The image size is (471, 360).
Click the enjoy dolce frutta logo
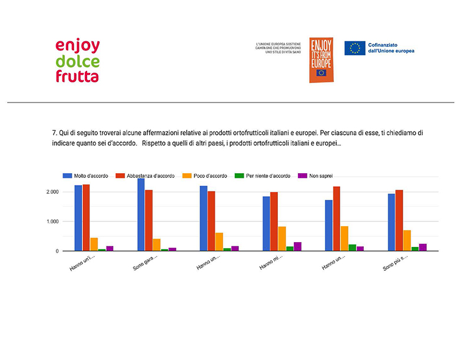point(78,61)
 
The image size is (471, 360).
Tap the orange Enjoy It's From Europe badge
point(321,60)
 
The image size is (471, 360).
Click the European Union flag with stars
point(355,48)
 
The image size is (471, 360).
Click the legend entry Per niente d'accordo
point(264,176)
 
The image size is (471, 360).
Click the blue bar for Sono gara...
point(141,215)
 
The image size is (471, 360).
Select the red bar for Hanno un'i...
point(86,217)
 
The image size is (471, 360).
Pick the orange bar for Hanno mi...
point(282,239)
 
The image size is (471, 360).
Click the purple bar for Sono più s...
point(423,247)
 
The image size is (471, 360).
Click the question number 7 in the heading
point(55,133)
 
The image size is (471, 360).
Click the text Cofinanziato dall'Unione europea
point(392,48)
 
